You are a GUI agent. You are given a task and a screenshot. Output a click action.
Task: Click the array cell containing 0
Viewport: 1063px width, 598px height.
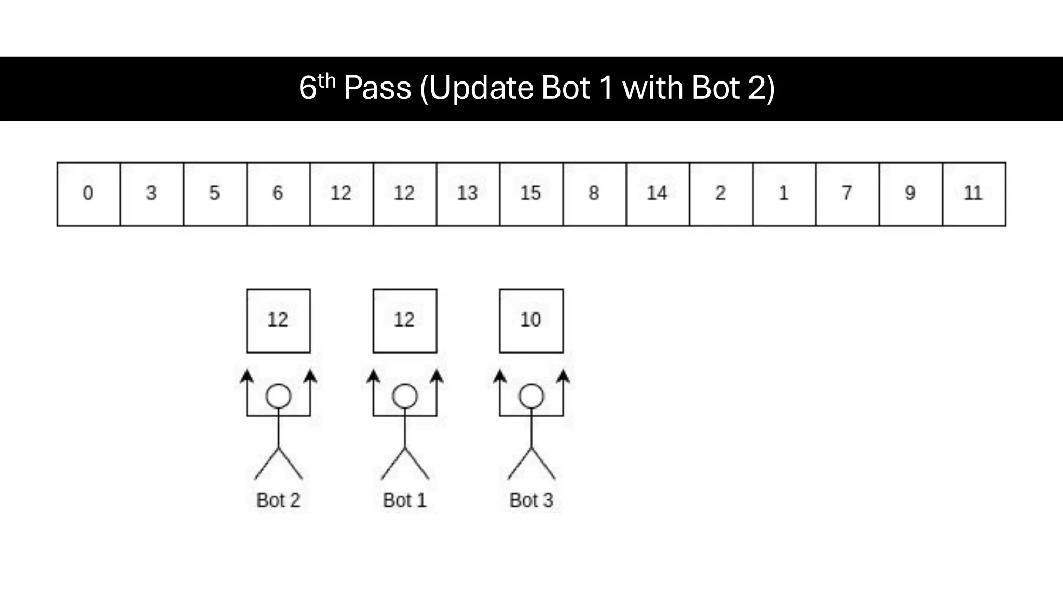(88, 194)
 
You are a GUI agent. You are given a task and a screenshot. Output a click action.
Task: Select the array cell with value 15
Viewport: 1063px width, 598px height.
(531, 194)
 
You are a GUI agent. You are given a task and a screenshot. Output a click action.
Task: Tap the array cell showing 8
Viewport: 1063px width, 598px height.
(594, 194)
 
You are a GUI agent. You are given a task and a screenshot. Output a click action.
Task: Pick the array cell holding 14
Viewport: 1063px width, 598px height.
(658, 194)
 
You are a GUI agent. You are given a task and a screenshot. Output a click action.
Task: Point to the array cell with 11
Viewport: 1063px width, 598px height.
(974, 194)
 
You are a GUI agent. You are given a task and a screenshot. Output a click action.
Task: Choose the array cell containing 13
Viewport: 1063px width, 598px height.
(468, 194)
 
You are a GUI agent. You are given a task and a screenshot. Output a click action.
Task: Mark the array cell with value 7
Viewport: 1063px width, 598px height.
(847, 194)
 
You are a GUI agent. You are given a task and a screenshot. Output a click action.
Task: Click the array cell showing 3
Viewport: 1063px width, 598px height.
(152, 194)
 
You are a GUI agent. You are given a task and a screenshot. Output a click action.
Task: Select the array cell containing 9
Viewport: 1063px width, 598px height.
(910, 194)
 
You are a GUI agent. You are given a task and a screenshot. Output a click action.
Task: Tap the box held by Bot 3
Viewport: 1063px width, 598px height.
(531, 321)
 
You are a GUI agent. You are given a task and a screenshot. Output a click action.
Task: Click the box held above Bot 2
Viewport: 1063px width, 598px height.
(278, 321)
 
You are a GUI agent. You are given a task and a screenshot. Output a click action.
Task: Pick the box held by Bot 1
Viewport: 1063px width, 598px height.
(405, 321)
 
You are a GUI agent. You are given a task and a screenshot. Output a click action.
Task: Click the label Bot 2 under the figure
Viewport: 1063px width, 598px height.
(278, 500)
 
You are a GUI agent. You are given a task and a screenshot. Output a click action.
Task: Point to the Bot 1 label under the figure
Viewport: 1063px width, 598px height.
(405, 500)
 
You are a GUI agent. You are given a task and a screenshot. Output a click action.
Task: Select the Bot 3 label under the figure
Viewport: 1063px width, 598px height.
(531, 500)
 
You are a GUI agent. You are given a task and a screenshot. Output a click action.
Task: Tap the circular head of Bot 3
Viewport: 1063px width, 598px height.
(531, 397)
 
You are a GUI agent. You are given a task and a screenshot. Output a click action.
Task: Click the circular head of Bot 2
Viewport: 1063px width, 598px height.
(278, 397)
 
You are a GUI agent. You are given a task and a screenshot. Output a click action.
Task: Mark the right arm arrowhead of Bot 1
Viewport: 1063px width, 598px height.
(437, 375)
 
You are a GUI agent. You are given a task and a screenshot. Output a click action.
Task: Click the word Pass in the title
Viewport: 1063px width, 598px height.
(377, 88)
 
